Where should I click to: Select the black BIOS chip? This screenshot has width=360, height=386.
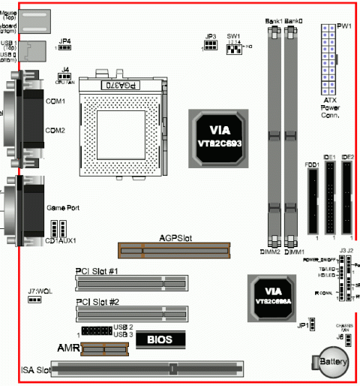tap(159, 339)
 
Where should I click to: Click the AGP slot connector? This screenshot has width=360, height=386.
tap(173, 250)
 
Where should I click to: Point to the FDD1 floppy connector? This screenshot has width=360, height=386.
tap(312, 199)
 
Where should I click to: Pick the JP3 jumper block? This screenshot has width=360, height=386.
tap(211, 47)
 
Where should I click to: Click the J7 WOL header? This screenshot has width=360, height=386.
tap(34, 300)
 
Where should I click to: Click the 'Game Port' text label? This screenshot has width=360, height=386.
tap(63, 207)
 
